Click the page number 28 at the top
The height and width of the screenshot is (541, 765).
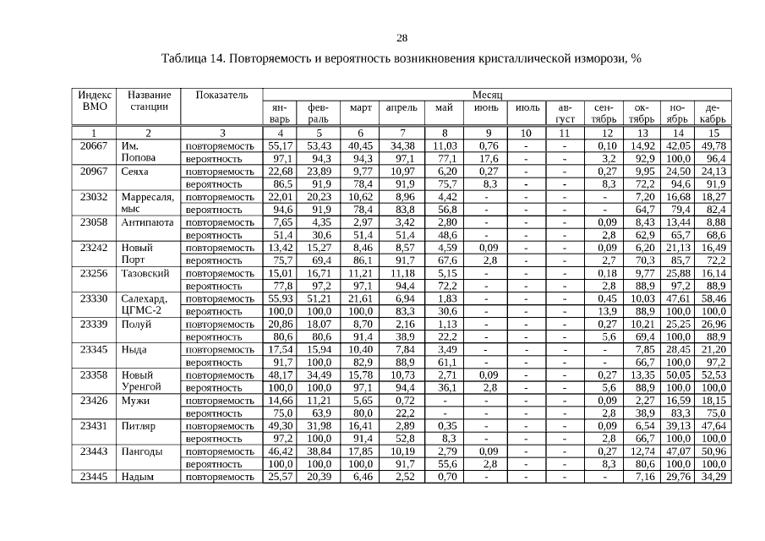(x=402, y=38)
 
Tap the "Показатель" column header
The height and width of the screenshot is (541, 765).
(x=221, y=95)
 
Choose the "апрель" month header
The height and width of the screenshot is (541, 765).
(x=402, y=108)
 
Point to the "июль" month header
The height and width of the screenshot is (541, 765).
(x=526, y=108)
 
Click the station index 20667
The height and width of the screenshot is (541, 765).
(x=93, y=146)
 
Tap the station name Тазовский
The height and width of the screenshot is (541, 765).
(x=145, y=273)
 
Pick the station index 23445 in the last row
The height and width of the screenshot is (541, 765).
(x=93, y=477)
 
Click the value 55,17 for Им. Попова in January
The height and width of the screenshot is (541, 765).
(x=280, y=146)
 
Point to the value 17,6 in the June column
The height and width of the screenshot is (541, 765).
(x=486, y=159)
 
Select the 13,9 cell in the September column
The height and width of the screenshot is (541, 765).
(x=604, y=311)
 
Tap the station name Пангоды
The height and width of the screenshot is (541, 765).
(x=142, y=451)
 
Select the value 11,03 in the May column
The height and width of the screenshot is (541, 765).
(x=445, y=146)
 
